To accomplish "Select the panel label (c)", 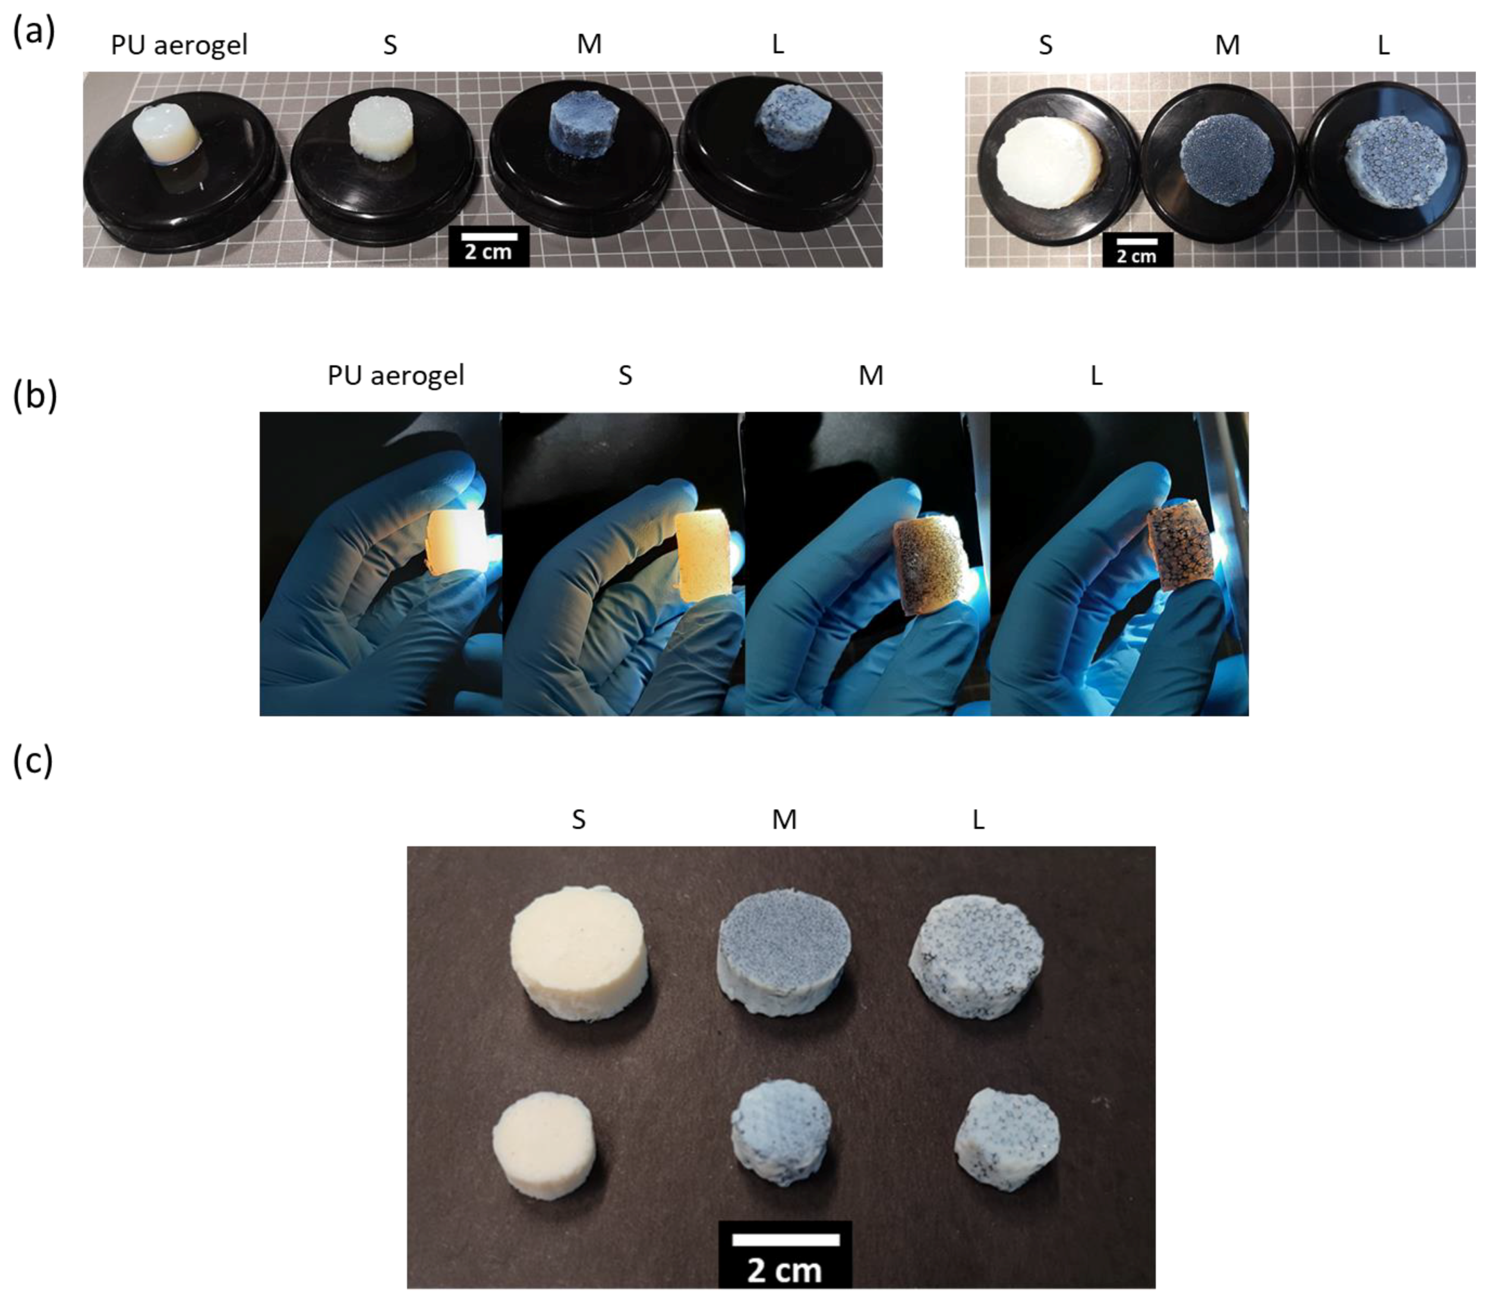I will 33,761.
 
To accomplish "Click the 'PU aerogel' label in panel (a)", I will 179,45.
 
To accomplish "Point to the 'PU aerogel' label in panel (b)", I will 396,375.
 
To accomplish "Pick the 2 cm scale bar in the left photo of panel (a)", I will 489,245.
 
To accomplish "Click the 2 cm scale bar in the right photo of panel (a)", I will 1137,248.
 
